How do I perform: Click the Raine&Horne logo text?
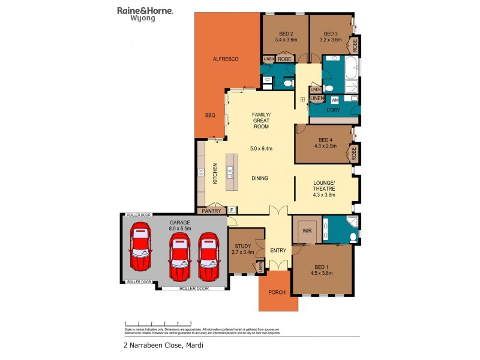click(x=144, y=10)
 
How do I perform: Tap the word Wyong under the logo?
click(x=143, y=19)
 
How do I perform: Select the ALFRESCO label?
click(x=227, y=59)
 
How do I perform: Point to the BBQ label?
click(x=210, y=115)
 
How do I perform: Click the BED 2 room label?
click(x=286, y=34)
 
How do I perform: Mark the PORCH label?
click(x=278, y=293)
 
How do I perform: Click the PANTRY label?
click(x=211, y=211)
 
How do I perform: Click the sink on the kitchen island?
click(x=230, y=173)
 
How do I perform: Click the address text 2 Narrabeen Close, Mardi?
click(x=158, y=346)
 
